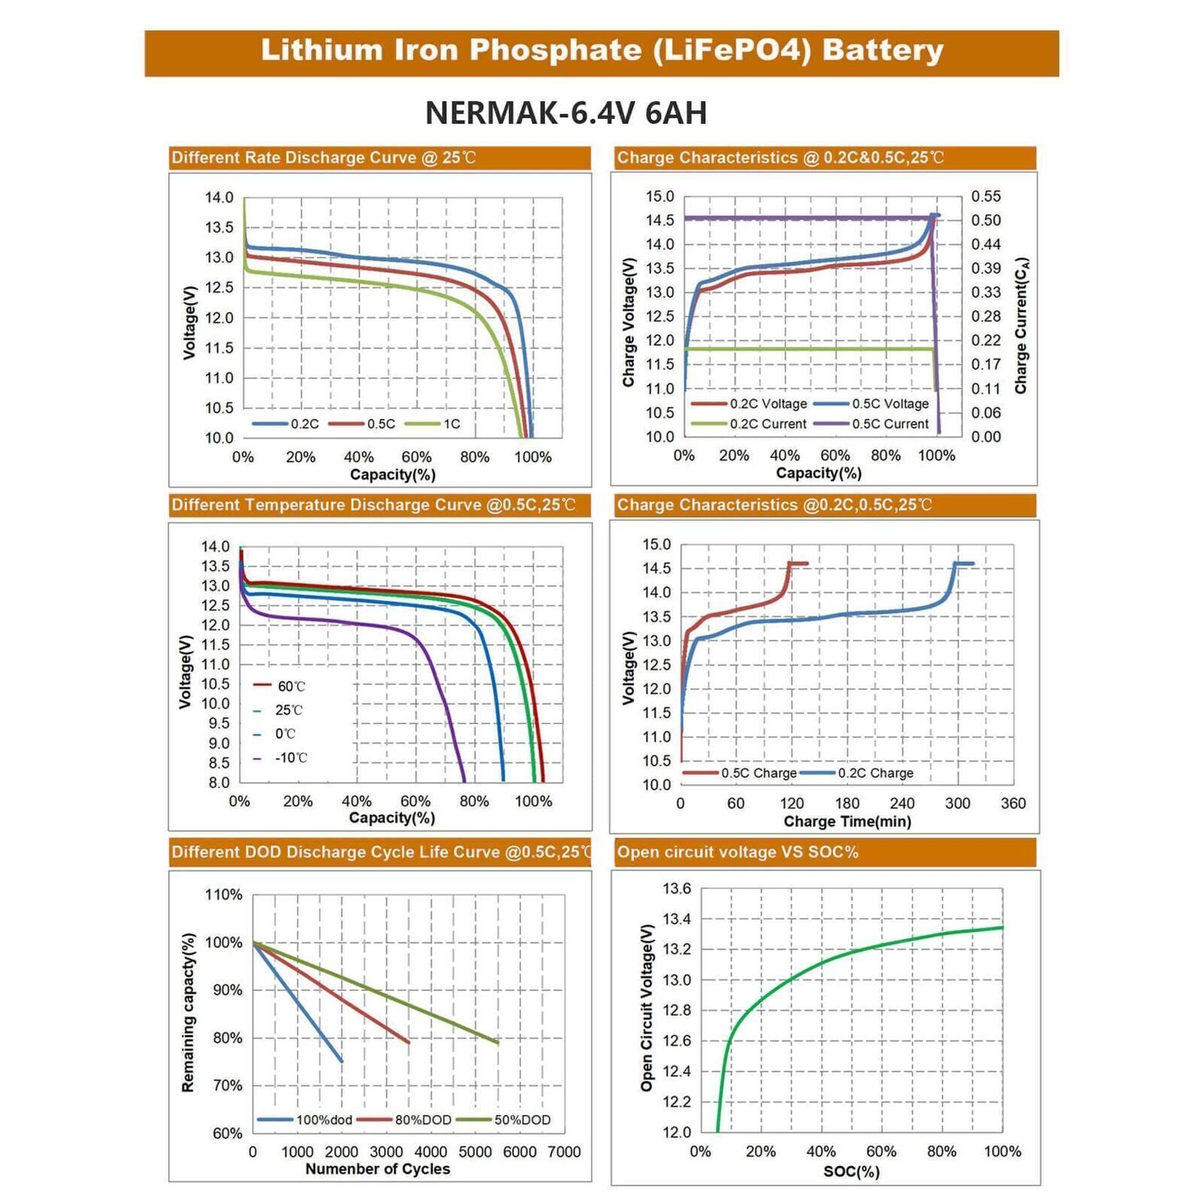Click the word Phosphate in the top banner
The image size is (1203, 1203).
click(x=555, y=50)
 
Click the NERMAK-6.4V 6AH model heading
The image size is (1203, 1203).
click(x=565, y=114)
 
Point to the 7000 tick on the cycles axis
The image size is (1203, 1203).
click(x=564, y=1152)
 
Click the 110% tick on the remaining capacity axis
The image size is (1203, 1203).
click(x=224, y=895)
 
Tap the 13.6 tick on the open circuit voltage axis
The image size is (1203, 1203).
click(x=677, y=889)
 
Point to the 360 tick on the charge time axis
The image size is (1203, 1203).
click(x=1013, y=803)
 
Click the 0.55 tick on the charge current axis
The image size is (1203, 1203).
click(x=986, y=196)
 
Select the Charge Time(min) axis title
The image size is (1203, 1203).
click(x=847, y=822)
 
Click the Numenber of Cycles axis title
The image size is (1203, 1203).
click(x=377, y=1169)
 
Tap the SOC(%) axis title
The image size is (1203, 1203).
click(x=851, y=1171)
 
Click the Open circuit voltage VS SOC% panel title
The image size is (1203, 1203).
click(x=738, y=852)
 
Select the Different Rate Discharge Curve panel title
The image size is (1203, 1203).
click(x=323, y=158)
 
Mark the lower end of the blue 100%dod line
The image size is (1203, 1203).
click(x=341, y=1061)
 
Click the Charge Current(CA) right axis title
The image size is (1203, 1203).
click(x=1021, y=326)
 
